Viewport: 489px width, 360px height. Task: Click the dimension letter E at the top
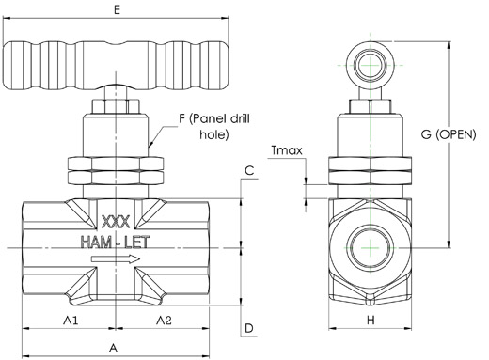point(117,10)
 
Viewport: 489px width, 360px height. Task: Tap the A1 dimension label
point(71,321)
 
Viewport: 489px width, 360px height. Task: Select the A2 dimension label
point(164,321)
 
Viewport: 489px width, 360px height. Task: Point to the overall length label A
point(114,348)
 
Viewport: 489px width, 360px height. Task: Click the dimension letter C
point(249,171)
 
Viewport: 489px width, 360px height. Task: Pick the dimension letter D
point(249,328)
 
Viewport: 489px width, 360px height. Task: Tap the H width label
point(371,321)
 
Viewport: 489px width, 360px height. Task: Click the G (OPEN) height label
point(449,134)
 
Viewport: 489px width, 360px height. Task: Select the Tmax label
point(287,150)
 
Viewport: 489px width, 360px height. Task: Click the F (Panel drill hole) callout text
point(214,127)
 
